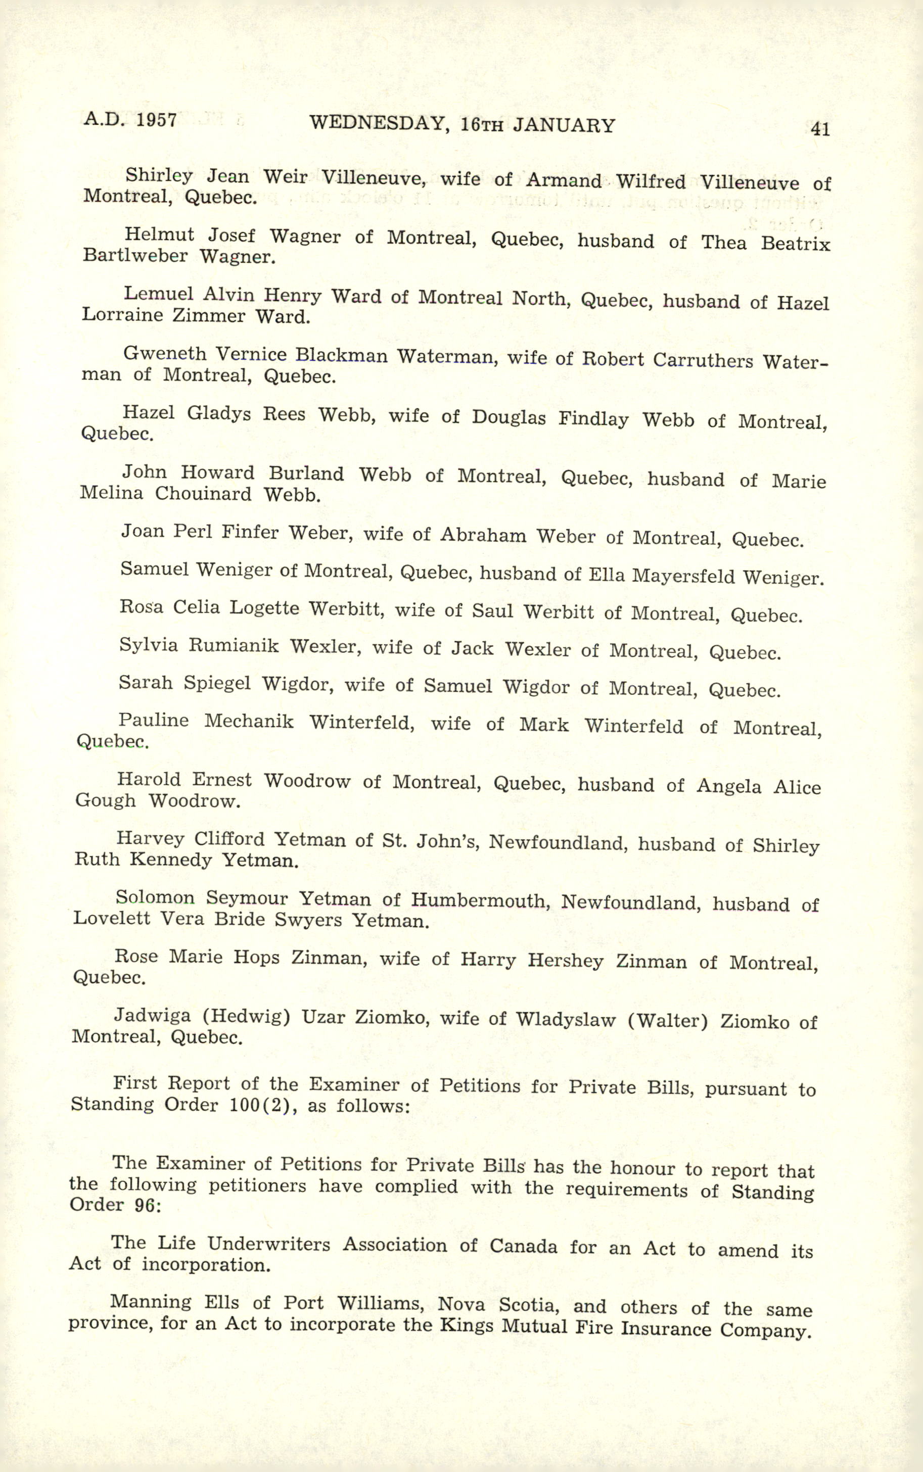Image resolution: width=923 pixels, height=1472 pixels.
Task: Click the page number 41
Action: point(820,129)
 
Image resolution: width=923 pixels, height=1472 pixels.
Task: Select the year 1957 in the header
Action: point(156,120)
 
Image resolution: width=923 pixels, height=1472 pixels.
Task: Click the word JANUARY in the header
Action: point(564,126)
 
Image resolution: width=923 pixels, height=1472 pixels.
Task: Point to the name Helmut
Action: point(159,234)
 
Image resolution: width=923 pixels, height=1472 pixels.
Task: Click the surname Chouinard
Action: point(203,493)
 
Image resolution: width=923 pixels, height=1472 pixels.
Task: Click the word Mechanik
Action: point(249,722)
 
